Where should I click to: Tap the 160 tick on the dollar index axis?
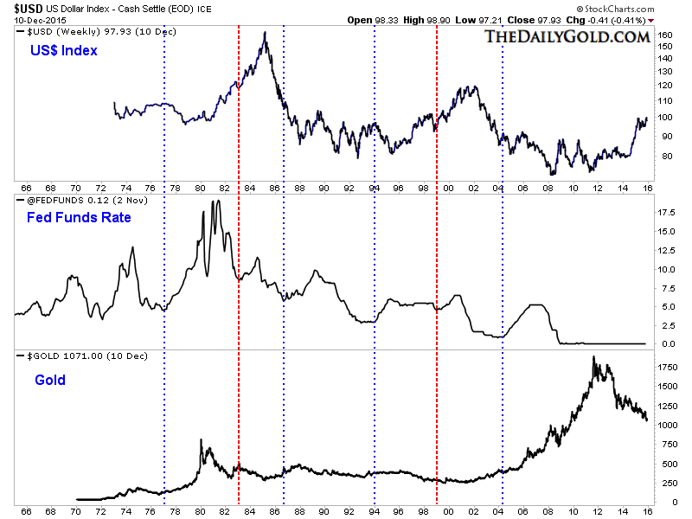(x=665, y=35)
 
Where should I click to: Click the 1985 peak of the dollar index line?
(x=264, y=33)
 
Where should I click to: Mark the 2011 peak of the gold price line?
(x=593, y=356)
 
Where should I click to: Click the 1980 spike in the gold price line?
(x=201, y=440)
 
